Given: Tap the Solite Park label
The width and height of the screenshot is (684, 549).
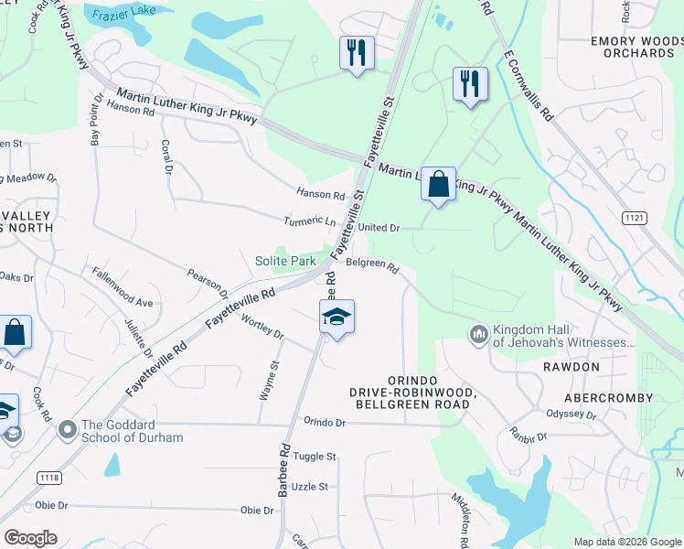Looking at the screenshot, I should (285, 262).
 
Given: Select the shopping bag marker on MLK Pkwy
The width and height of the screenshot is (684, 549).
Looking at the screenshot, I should (438, 184).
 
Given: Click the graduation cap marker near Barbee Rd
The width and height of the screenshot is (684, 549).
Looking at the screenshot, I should (337, 318).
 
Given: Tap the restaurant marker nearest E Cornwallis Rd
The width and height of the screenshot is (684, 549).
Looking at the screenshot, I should (470, 84).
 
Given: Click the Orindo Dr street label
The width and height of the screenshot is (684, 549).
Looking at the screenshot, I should (326, 423).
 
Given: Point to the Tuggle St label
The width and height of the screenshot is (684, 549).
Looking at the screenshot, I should (315, 457).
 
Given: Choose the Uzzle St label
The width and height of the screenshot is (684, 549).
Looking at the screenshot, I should (311, 487).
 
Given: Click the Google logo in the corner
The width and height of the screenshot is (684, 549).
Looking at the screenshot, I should (30, 538).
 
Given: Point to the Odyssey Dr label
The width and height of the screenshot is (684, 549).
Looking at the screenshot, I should (572, 414).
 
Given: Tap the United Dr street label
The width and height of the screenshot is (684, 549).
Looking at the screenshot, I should (379, 228).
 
